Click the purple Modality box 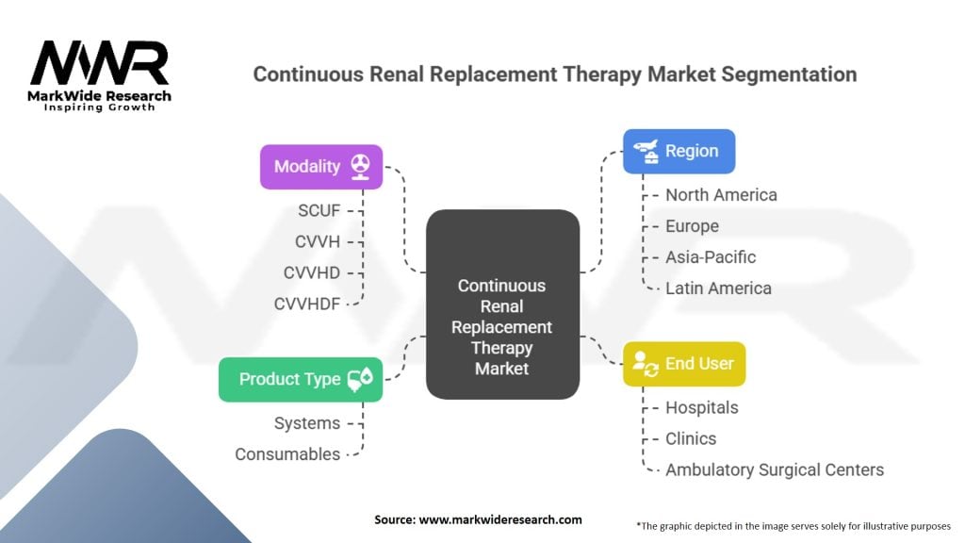coord(321,167)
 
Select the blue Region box coord(679,151)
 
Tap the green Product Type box coord(301,379)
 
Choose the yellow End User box coord(684,363)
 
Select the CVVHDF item coord(308,303)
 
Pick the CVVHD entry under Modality coord(312,272)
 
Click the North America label coord(721,195)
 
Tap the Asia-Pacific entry coord(711,256)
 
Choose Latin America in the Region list coord(718,288)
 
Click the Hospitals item coord(701,407)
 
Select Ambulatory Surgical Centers coord(775,469)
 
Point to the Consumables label coord(287,453)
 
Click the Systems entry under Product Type coord(307,423)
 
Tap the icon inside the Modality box coord(360,166)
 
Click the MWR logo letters coord(100,65)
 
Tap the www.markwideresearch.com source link coord(501,519)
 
